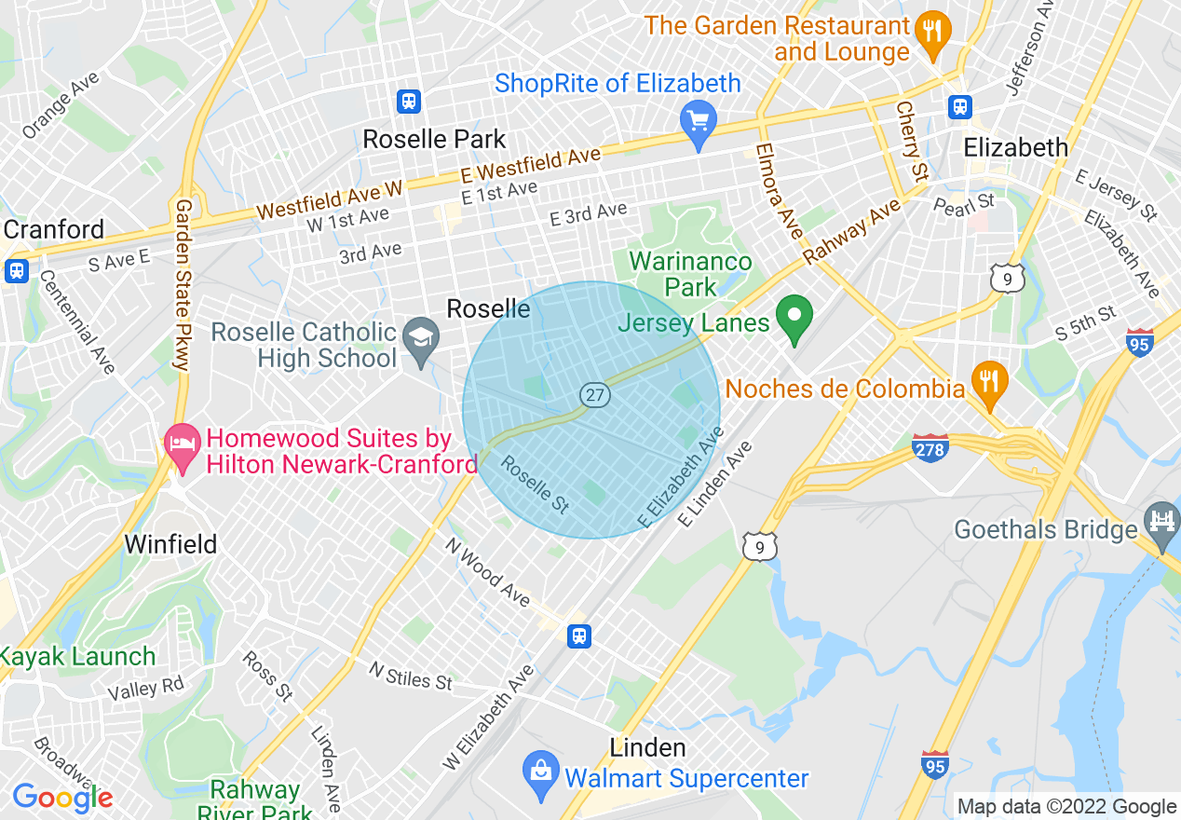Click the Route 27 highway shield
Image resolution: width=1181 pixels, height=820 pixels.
(x=595, y=395)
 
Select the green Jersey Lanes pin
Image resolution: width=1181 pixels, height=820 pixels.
(x=794, y=319)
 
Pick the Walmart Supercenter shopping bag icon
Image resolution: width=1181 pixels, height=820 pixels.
(x=540, y=775)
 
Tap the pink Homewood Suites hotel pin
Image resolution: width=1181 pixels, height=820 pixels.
(x=182, y=446)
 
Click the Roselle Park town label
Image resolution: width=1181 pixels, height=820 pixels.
(x=434, y=140)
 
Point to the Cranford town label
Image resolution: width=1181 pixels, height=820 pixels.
(x=54, y=229)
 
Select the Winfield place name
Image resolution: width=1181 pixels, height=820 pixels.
(x=170, y=544)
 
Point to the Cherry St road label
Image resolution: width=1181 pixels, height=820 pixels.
(x=912, y=140)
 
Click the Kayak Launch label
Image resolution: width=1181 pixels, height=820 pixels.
(x=77, y=656)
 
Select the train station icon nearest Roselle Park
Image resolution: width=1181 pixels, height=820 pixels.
(x=408, y=101)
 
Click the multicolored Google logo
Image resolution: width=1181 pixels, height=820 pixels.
(x=62, y=798)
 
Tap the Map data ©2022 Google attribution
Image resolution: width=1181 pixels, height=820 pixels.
(x=1067, y=807)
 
